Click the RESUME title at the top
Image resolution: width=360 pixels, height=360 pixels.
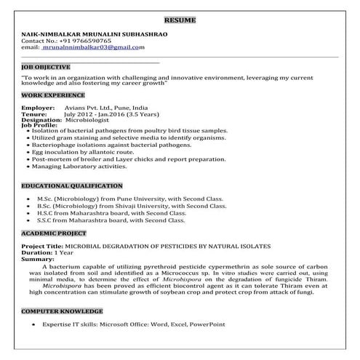180,19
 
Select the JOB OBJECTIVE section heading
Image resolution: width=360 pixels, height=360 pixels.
46,66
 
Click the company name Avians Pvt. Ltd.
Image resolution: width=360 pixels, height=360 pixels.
89,108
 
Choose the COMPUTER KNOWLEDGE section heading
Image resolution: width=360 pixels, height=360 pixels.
62,311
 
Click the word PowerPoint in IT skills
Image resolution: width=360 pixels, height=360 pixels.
208,324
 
